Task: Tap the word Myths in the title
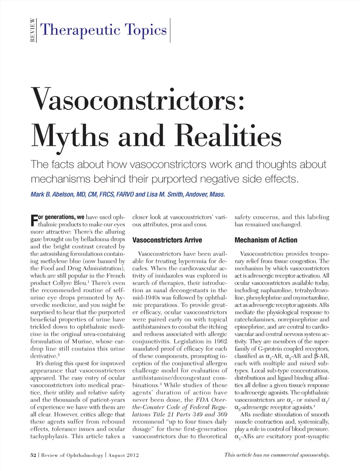(70, 136)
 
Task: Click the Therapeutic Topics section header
(103, 30)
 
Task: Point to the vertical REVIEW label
(33, 30)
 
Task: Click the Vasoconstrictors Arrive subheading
(167, 240)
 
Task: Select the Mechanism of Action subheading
(265, 240)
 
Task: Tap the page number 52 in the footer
(33, 455)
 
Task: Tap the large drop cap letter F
(34, 220)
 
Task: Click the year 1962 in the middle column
(219, 341)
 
